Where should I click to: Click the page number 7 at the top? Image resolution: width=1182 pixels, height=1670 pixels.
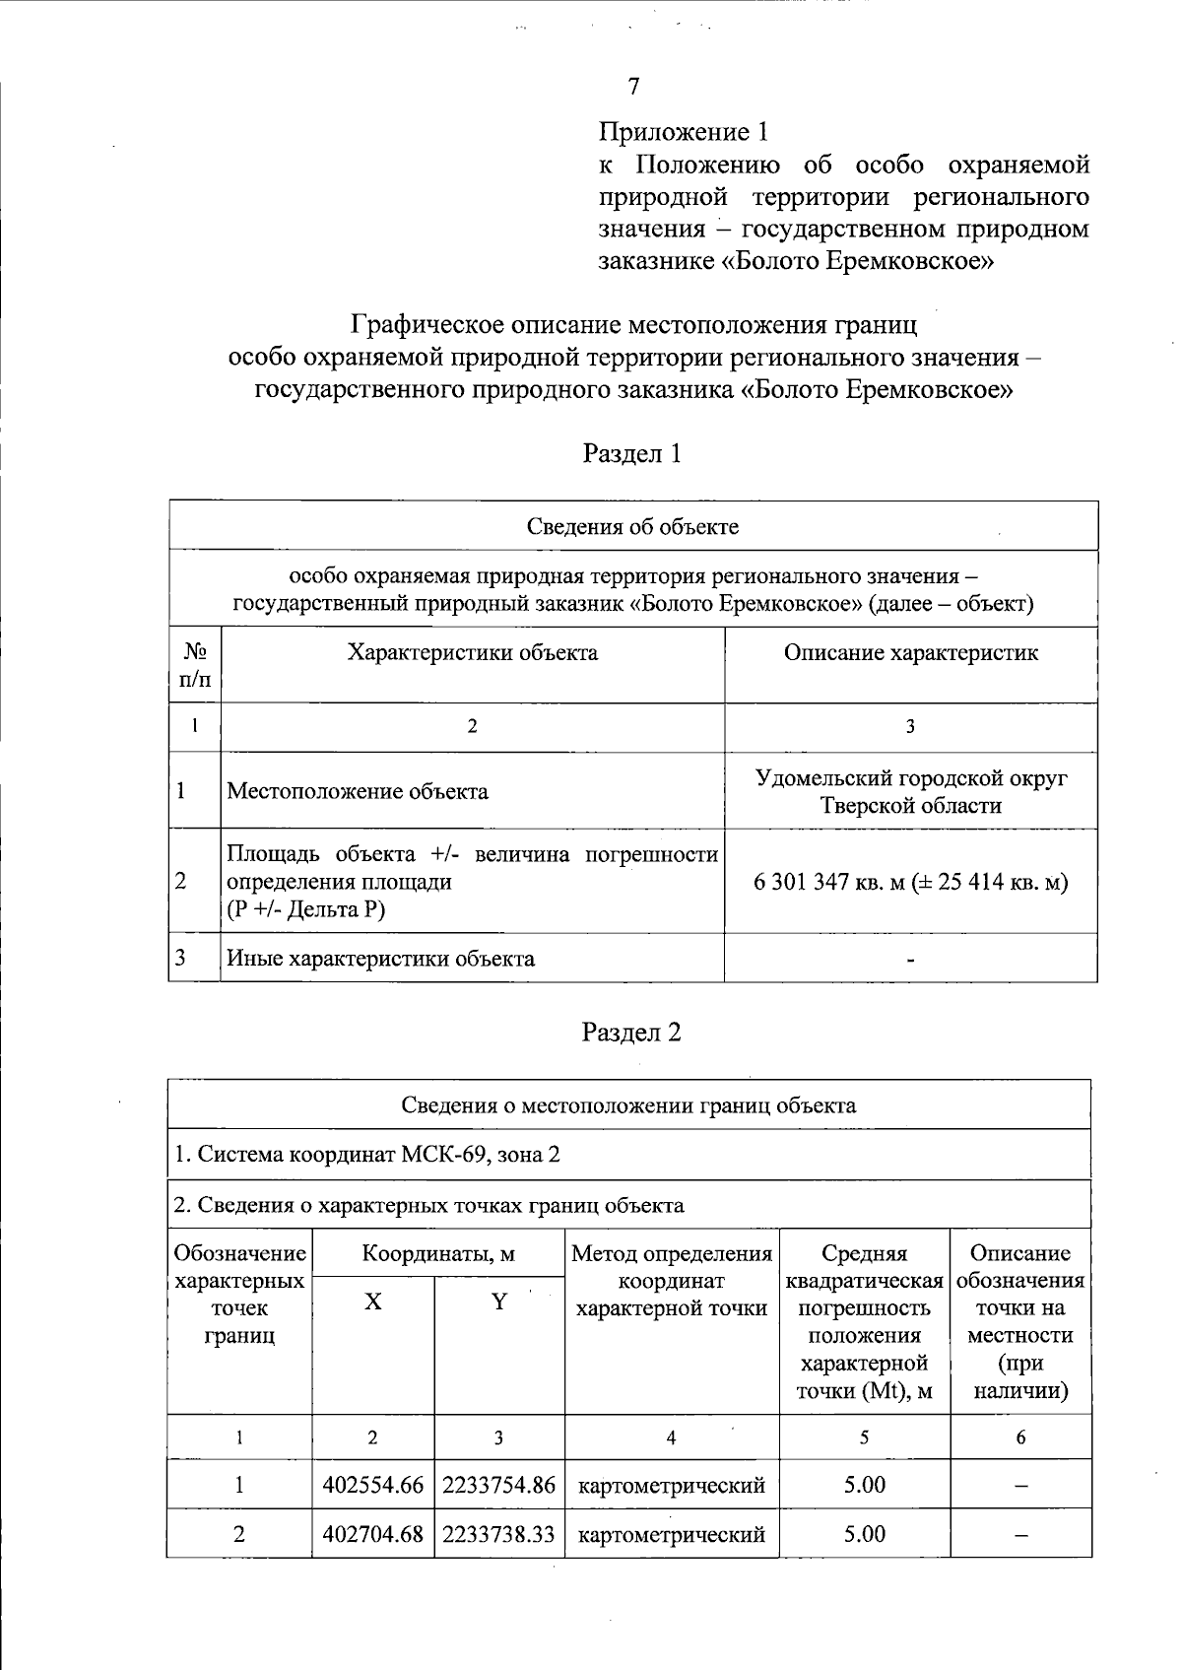click(x=634, y=87)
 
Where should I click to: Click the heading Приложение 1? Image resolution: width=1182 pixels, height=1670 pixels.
click(x=682, y=131)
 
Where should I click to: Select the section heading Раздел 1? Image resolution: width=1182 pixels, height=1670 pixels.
click(x=631, y=453)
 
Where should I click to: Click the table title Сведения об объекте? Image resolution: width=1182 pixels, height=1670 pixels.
click(x=632, y=526)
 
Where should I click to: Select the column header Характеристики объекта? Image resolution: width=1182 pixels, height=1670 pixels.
click(x=472, y=653)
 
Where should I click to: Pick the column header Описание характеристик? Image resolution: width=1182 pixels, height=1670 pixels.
click(x=910, y=653)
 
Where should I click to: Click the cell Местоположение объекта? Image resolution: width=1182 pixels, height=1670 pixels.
click(x=358, y=791)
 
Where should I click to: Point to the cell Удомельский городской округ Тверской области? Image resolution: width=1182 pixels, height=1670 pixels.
click(x=910, y=791)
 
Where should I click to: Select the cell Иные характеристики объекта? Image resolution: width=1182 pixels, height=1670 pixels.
click(x=381, y=958)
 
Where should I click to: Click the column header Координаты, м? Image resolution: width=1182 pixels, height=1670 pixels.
click(x=438, y=1253)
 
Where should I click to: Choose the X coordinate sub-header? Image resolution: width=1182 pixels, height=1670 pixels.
click(x=372, y=1302)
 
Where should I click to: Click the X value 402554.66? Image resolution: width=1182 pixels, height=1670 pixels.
click(x=372, y=1485)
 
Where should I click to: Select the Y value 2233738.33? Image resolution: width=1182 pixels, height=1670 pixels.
click(x=498, y=1534)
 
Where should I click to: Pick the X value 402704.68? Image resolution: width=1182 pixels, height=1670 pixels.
click(x=372, y=1534)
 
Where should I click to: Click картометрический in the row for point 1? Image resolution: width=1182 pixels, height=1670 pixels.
click(x=671, y=1485)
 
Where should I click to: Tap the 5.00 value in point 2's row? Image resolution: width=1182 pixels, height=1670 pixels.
click(x=864, y=1534)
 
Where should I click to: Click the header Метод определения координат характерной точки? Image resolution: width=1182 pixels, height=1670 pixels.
click(x=671, y=1281)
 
